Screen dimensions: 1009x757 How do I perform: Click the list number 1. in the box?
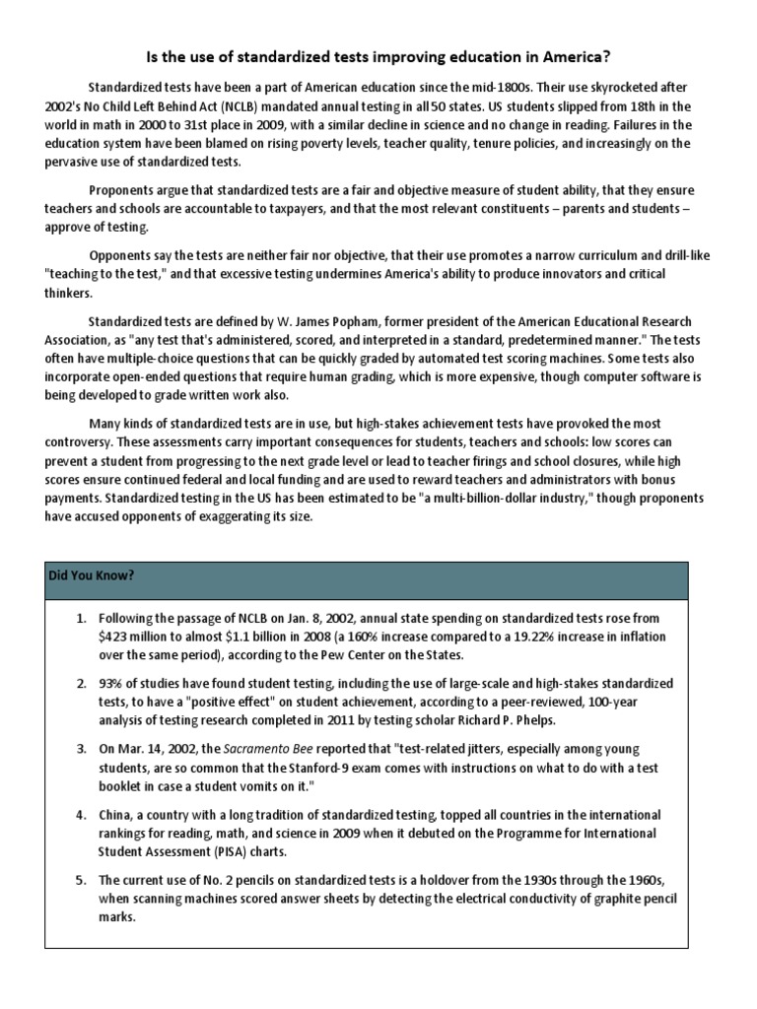pyautogui.click(x=83, y=618)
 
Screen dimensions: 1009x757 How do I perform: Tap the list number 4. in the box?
pyautogui.click(x=83, y=815)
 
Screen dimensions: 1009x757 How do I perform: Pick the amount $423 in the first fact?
pyautogui.click(x=116, y=637)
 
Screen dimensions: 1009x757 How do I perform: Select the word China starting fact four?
pyautogui.click(x=116, y=815)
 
